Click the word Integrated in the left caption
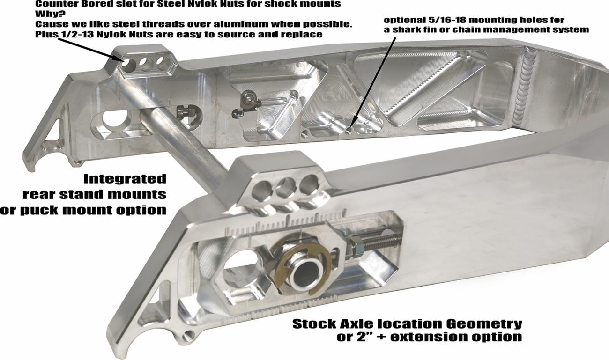(125, 179)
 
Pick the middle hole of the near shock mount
(286, 187)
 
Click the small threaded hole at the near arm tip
(188, 337)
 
